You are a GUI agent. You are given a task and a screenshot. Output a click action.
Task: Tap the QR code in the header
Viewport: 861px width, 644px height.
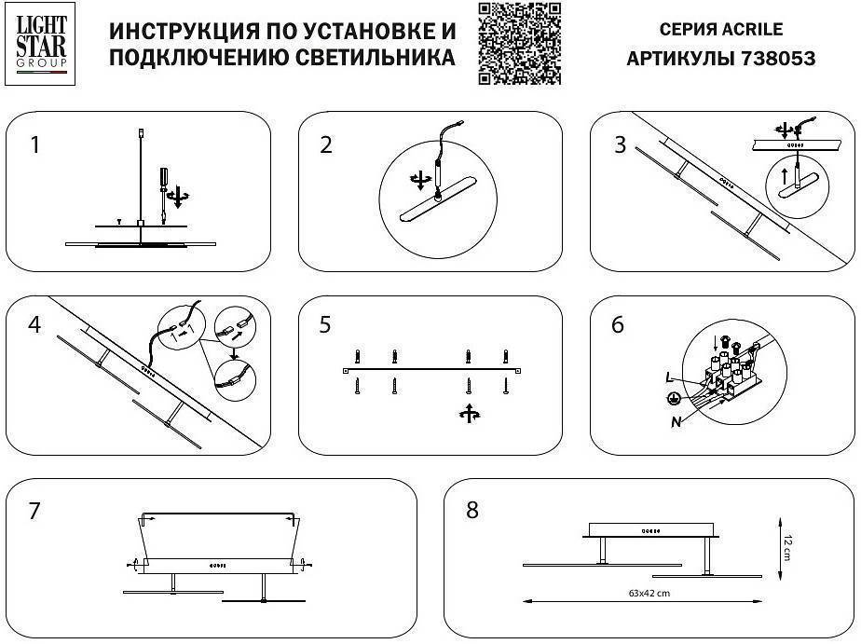(520, 44)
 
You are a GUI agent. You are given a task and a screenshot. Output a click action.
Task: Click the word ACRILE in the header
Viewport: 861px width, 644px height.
(753, 29)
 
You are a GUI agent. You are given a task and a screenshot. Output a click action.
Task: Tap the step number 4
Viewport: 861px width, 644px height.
(34, 325)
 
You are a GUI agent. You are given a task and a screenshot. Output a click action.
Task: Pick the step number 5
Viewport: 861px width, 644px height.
(325, 325)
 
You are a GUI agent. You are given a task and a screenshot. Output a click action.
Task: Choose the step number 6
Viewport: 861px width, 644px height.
(618, 325)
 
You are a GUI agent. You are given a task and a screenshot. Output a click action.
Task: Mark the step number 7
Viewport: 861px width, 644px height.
(34, 511)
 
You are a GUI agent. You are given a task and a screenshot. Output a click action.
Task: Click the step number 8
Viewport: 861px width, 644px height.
(471, 511)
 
